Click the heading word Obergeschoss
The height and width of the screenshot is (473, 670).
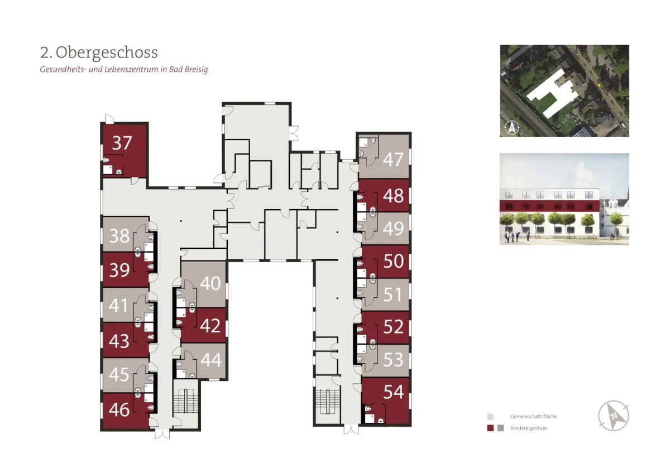click(107, 52)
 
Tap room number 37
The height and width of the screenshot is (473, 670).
click(122, 143)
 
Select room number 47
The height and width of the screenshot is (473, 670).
click(393, 160)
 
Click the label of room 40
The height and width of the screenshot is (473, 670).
click(210, 283)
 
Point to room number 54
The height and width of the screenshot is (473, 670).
click(394, 392)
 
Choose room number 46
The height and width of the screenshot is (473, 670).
click(119, 409)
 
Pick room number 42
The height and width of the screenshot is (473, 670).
click(210, 325)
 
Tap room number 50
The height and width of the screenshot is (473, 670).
click(393, 261)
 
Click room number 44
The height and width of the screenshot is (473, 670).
click(211, 359)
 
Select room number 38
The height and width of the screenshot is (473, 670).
click(119, 236)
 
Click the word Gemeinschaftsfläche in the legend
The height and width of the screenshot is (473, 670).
click(533, 416)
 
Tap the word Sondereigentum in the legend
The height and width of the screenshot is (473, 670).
click(528, 428)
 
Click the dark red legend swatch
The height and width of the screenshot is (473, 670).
click(490, 428)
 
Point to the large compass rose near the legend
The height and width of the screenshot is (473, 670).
click(614, 416)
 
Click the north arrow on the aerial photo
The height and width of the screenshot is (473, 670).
click(512, 127)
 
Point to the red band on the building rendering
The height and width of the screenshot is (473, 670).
click(549, 206)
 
